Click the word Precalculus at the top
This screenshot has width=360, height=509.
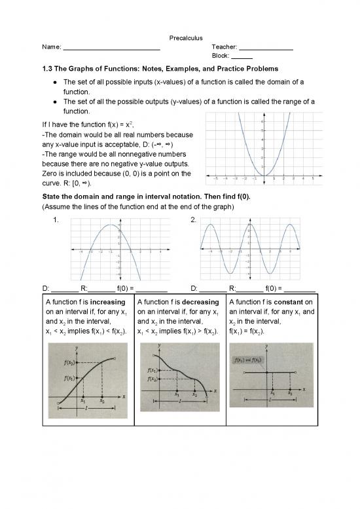point(180,37)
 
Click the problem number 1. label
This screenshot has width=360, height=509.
point(59,220)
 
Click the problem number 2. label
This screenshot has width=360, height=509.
point(194,220)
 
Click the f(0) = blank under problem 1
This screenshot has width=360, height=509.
point(152,289)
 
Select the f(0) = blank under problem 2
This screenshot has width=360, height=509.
point(300,289)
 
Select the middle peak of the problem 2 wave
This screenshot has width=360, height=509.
point(249,225)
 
